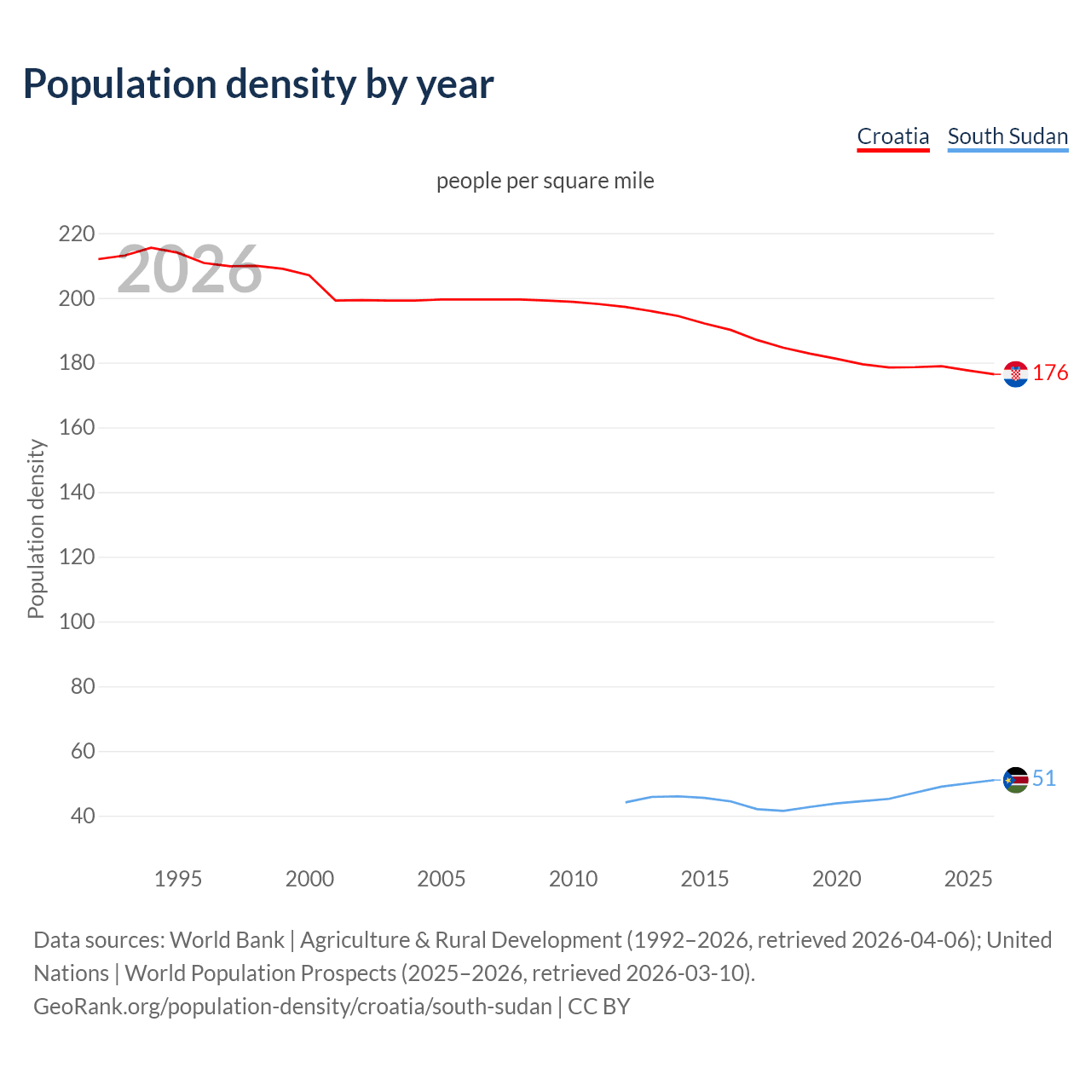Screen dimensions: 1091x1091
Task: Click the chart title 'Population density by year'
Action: pyautogui.click(x=258, y=84)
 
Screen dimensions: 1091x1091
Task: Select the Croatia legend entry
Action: pyautogui.click(x=892, y=136)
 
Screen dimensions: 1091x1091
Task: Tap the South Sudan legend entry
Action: pyautogui.click(x=1007, y=136)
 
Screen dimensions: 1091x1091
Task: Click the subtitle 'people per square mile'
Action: pyautogui.click(x=545, y=181)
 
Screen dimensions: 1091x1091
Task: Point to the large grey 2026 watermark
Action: pyautogui.click(x=189, y=270)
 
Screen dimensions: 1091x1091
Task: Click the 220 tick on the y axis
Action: pyautogui.click(x=77, y=234)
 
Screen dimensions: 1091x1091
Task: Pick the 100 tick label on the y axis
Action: pyautogui.click(x=77, y=621)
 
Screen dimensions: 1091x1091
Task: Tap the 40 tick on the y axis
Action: pyautogui.click(x=83, y=816)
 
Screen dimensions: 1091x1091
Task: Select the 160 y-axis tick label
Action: pyautogui.click(x=77, y=427)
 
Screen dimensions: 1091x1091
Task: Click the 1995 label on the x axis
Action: pyautogui.click(x=178, y=879)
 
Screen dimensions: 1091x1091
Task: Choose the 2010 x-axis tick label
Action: pyautogui.click(x=573, y=879)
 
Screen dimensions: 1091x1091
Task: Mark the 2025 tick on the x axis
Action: pyautogui.click(x=968, y=879)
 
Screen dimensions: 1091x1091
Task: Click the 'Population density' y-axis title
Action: pyautogui.click(x=36, y=528)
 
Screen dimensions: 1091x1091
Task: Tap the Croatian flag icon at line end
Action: pyautogui.click(x=1015, y=374)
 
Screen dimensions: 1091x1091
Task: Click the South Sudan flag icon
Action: pyautogui.click(x=1015, y=779)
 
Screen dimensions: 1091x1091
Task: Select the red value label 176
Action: pyautogui.click(x=1050, y=373)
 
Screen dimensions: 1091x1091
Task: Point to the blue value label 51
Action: pyautogui.click(x=1044, y=778)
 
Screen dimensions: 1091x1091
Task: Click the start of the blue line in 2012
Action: pyautogui.click(x=626, y=802)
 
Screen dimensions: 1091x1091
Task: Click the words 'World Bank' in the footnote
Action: pyautogui.click(x=227, y=940)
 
